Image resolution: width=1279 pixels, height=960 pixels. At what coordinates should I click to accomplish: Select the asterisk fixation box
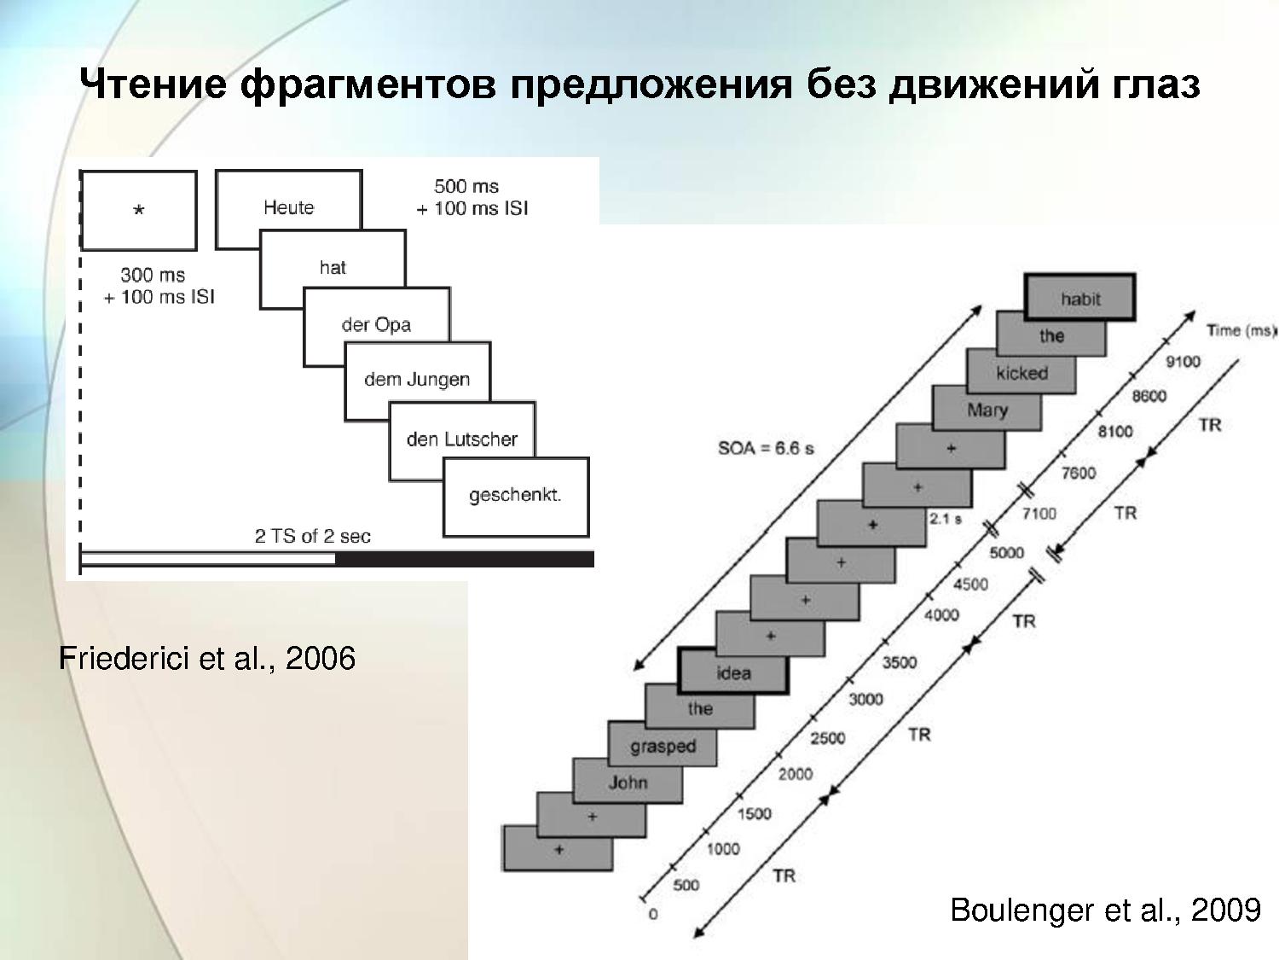[139, 211]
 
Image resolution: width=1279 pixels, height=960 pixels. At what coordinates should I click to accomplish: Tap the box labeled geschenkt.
[516, 497]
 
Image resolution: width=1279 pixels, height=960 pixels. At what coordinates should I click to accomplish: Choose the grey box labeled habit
[1079, 297]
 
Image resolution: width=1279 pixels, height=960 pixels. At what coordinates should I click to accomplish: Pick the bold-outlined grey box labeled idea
[733, 671]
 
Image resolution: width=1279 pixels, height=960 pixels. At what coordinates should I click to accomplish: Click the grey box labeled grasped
[663, 744]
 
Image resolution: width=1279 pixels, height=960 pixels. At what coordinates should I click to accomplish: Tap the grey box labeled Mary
[987, 409]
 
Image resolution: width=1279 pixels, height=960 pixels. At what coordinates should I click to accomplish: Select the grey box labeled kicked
[1021, 371]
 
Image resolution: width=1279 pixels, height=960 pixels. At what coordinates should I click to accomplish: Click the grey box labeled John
[628, 781]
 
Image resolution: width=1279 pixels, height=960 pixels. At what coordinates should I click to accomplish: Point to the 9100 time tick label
[1183, 362]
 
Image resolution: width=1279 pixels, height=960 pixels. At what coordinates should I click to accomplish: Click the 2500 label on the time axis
[827, 738]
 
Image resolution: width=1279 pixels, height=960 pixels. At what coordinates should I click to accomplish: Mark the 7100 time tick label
[1039, 514]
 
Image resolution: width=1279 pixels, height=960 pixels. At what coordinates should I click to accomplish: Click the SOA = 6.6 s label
[766, 448]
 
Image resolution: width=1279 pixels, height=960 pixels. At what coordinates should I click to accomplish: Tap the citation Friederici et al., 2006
[207, 659]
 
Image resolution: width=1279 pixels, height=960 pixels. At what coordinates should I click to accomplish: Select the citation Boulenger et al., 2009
[1105, 910]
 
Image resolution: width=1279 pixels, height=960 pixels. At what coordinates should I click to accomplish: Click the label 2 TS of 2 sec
[313, 536]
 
